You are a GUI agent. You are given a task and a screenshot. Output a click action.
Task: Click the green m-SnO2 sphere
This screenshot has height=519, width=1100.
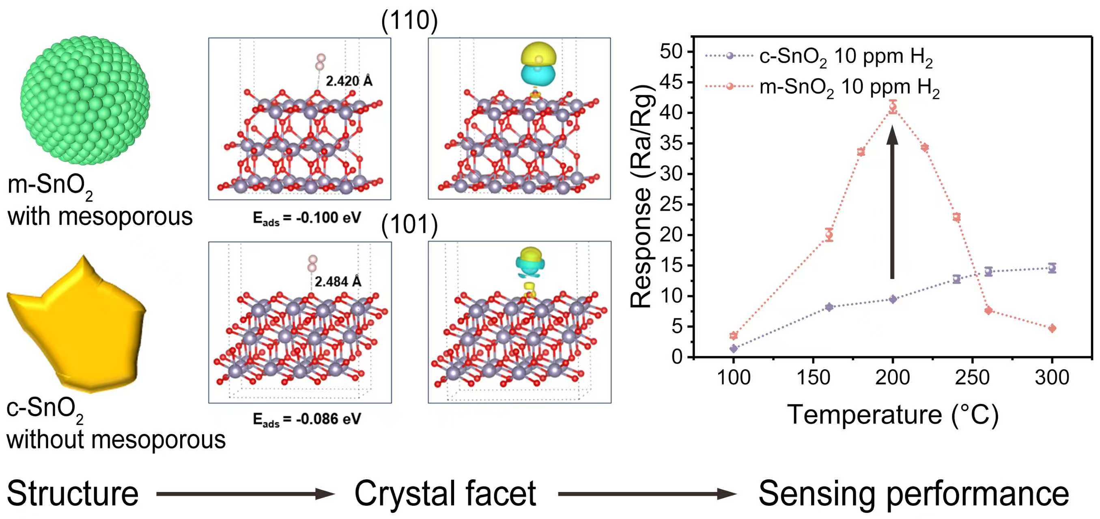pyautogui.click(x=85, y=100)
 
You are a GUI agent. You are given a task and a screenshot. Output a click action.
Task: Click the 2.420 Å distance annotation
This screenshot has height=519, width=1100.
pyautogui.click(x=349, y=81)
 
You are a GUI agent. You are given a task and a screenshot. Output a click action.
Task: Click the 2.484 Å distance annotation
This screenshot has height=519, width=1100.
pyautogui.click(x=338, y=282)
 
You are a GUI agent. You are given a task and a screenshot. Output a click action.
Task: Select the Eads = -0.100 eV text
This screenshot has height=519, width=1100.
pyautogui.click(x=307, y=218)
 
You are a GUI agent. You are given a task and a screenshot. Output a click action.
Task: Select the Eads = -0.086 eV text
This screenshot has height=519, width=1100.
pyautogui.click(x=307, y=419)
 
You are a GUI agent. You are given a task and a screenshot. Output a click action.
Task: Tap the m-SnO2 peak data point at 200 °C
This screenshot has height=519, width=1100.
pyautogui.click(x=893, y=107)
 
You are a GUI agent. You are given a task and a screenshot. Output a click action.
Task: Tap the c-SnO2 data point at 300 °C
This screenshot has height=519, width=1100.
pyautogui.click(x=1052, y=268)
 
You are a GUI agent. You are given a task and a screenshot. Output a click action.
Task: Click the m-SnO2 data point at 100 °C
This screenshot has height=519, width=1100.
pyautogui.click(x=734, y=335)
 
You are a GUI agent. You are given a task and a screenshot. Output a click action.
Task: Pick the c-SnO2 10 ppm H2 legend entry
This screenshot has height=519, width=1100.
pyautogui.click(x=818, y=56)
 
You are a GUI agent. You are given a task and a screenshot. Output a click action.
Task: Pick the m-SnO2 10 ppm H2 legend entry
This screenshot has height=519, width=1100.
pyautogui.click(x=822, y=87)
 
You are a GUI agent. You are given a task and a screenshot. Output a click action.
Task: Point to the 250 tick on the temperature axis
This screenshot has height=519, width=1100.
pyautogui.click(x=972, y=377)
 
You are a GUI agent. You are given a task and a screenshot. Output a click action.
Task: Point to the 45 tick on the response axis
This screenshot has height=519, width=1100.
pyautogui.click(x=671, y=82)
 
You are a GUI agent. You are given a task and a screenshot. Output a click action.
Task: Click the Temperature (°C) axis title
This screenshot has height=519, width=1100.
pyautogui.click(x=893, y=414)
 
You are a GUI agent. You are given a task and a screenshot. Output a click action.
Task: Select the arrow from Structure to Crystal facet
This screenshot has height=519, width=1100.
pyautogui.click(x=245, y=494)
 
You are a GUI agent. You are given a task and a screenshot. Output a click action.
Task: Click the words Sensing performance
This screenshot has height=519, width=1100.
pyautogui.click(x=913, y=494)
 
